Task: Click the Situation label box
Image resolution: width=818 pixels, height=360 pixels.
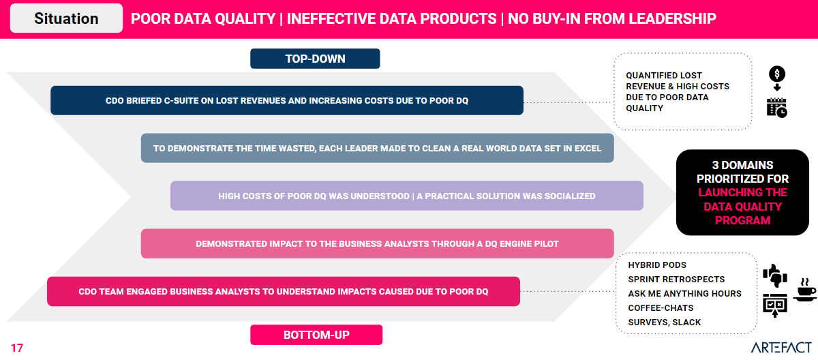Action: click(66, 18)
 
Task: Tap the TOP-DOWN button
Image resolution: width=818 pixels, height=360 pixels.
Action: click(315, 59)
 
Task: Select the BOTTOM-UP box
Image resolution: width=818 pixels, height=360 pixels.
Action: click(316, 335)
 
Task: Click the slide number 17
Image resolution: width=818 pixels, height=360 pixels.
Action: click(17, 348)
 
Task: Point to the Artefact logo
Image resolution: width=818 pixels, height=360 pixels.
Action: click(781, 347)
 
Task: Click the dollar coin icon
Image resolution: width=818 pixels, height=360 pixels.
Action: click(777, 74)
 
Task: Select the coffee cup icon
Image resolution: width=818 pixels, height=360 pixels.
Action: click(805, 290)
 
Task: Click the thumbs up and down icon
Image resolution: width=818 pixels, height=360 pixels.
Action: click(775, 275)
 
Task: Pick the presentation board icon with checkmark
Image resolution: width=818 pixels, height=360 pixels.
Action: click(775, 305)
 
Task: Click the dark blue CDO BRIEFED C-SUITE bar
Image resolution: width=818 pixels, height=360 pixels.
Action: click(287, 100)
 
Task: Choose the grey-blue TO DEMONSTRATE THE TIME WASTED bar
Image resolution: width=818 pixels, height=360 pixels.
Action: click(377, 148)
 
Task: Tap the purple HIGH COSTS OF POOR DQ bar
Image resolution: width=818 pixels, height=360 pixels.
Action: click(407, 196)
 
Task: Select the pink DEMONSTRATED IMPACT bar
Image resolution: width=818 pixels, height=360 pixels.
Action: click(377, 243)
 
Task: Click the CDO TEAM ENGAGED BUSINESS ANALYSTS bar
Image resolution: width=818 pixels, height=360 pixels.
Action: click(284, 291)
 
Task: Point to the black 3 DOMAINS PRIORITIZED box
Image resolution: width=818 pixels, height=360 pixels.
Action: click(742, 192)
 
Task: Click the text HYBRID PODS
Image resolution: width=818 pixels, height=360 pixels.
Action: click(657, 265)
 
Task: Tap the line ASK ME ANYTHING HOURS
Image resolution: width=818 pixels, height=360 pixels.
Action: click(684, 294)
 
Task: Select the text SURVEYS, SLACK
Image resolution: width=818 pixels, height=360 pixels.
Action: click(664, 322)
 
